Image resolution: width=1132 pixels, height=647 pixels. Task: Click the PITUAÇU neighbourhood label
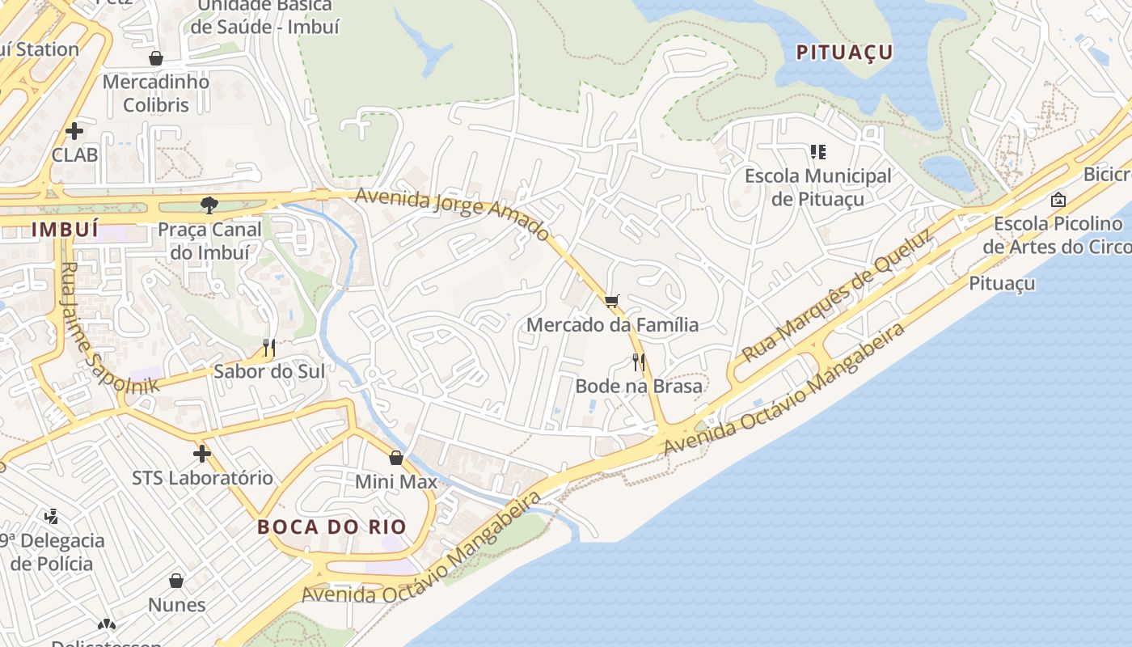(x=844, y=53)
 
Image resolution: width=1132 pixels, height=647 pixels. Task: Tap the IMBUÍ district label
(x=65, y=229)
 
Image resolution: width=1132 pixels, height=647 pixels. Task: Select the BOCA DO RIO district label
(x=332, y=526)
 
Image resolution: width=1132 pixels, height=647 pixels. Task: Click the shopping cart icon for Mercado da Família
(x=612, y=302)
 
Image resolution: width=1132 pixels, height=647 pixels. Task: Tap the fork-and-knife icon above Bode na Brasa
(x=639, y=362)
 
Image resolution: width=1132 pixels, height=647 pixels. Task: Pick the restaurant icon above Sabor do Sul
(x=269, y=348)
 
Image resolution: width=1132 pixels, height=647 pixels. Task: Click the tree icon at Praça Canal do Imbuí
(x=209, y=205)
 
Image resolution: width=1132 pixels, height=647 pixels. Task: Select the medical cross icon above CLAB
(x=74, y=130)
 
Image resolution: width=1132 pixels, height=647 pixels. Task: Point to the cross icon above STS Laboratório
(x=202, y=454)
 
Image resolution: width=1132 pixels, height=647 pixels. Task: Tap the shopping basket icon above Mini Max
(x=396, y=458)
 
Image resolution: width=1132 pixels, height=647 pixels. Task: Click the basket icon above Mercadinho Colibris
(x=156, y=58)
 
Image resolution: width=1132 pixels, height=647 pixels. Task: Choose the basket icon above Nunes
(x=176, y=581)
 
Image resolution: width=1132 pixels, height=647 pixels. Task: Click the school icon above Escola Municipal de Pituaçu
(x=817, y=152)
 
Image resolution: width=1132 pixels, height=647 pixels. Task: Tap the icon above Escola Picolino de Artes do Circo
(x=1058, y=200)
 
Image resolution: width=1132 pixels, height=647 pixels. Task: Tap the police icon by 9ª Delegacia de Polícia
(x=51, y=516)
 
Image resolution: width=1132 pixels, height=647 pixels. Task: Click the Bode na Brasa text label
(x=639, y=387)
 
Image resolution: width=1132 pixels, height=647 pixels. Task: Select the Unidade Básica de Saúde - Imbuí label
(x=265, y=16)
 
